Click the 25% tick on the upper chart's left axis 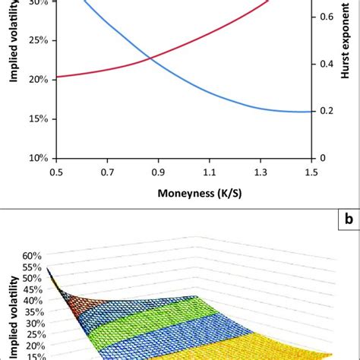(x=38, y=39)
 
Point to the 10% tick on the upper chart (x=38, y=158)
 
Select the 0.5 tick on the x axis (x=56, y=173)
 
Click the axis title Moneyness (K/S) (x=184, y=193)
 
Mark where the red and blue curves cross (x=151, y=58)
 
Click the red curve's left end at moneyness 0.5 (x=58, y=77)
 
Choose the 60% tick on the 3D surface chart (x=33, y=256)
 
